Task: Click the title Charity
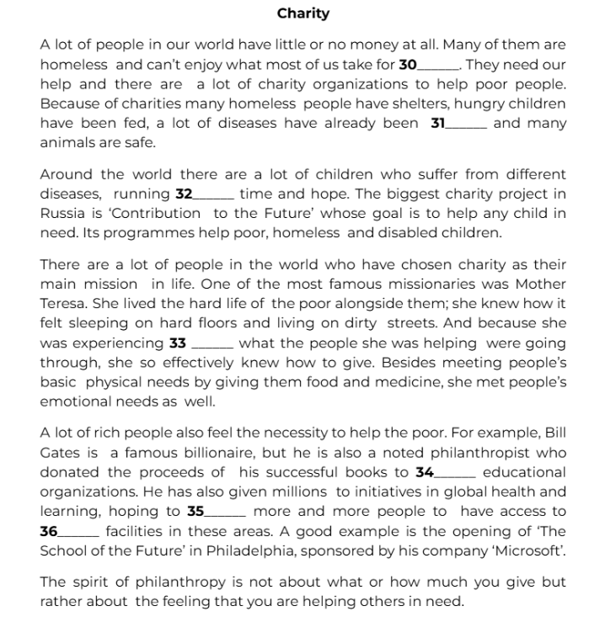(303, 13)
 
